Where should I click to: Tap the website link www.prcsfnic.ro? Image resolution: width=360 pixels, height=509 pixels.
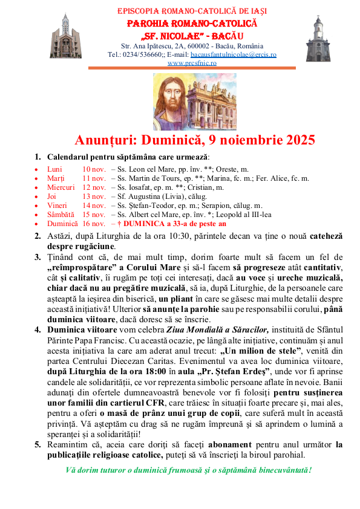pyautogui.click(x=192, y=62)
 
